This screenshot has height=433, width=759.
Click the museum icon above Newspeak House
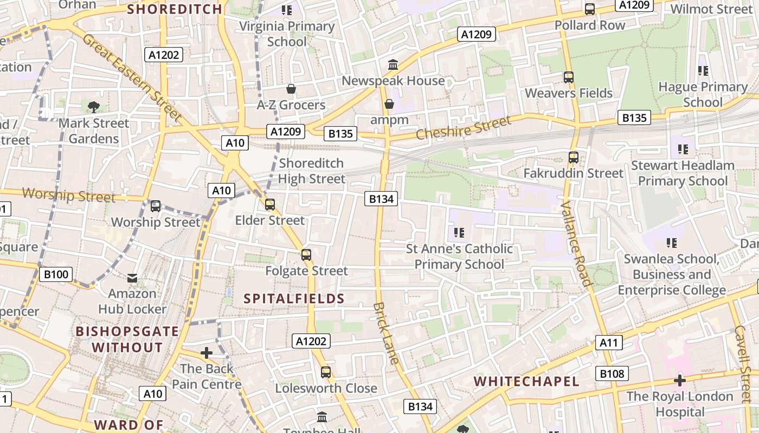pyautogui.click(x=393, y=65)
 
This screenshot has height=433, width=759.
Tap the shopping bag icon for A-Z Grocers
pyautogui.click(x=291, y=89)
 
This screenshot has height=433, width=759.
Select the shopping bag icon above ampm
pyautogui.click(x=389, y=103)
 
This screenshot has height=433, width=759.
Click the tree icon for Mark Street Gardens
pyautogui.click(x=94, y=107)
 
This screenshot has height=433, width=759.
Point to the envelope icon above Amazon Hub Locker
pyautogui.click(x=132, y=278)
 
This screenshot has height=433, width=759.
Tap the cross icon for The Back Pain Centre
pyautogui.click(x=207, y=353)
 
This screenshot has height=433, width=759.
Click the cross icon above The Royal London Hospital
pyautogui.click(x=679, y=380)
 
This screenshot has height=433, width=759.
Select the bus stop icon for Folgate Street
pyautogui.click(x=306, y=255)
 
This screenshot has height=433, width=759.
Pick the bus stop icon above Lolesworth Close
pyautogui.click(x=326, y=372)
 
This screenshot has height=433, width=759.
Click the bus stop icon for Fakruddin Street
pyautogui.click(x=574, y=158)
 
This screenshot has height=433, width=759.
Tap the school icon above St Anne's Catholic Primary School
pyautogui.click(x=459, y=233)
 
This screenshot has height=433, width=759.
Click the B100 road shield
pyautogui.click(x=56, y=274)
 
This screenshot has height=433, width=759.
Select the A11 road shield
pyautogui.click(x=609, y=342)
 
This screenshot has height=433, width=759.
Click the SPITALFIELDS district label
pyautogui.click(x=294, y=298)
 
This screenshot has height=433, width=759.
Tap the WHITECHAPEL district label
pyautogui.click(x=526, y=381)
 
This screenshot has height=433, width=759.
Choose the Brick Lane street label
pyautogui.click(x=386, y=333)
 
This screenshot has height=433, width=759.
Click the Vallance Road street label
pyautogui.click(x=575, y=243)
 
